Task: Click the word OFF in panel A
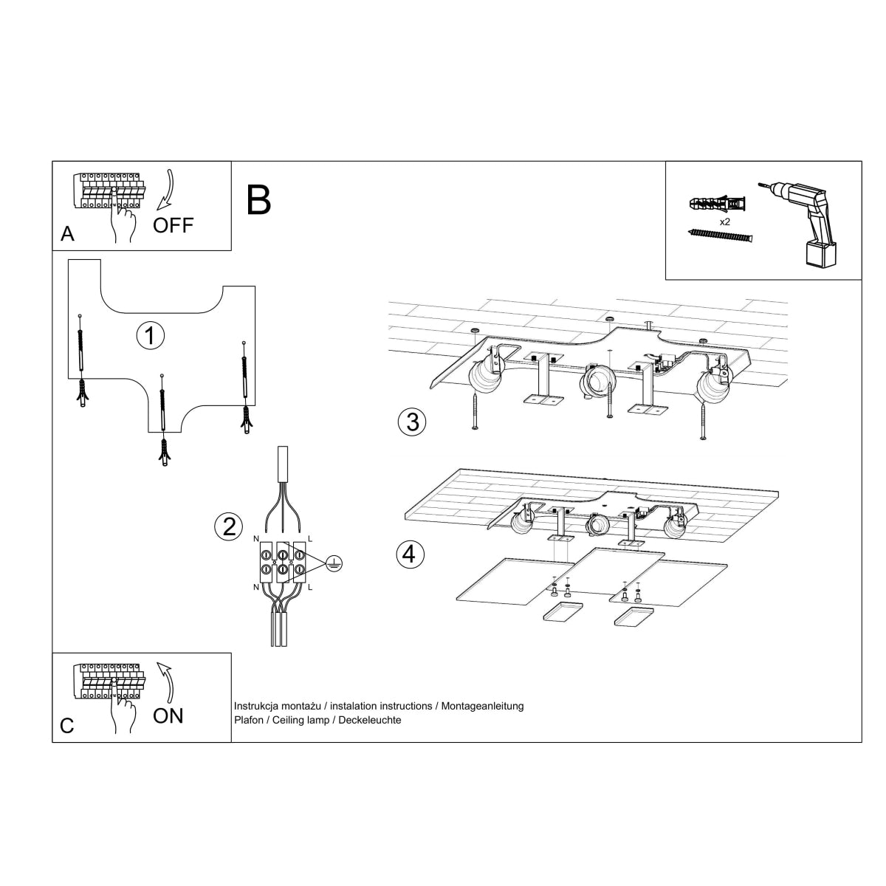tap(173, 225)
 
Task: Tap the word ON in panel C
tap(168, 715)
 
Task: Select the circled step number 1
tap(151, 335)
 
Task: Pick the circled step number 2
tap(228, 526)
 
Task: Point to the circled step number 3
tap(412, 422)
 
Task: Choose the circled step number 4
tap(411, 554)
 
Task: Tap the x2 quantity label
tap(725, 221)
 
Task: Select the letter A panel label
tap(67, 234)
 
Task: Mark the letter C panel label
tap(67, 726)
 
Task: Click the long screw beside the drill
tap(721, 235)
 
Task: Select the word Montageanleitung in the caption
tap(483, 706)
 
